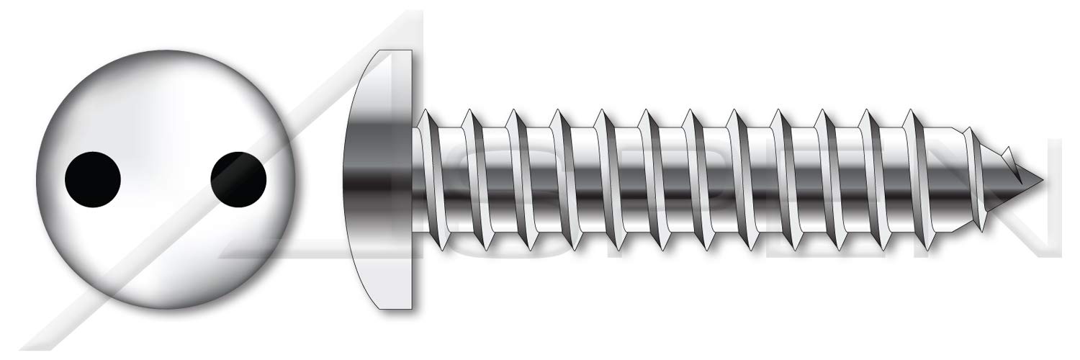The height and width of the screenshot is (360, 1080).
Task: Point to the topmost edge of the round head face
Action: (166, 50)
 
